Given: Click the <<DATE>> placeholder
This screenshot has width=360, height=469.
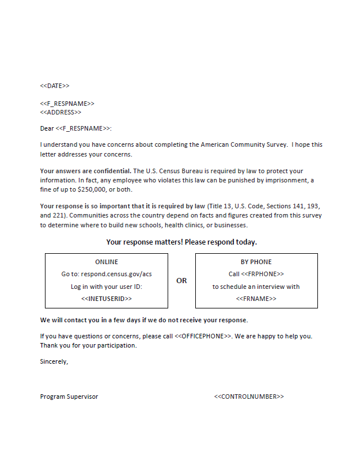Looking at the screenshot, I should pos(55,86).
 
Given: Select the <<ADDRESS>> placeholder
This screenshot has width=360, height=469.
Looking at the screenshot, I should pos(60,112).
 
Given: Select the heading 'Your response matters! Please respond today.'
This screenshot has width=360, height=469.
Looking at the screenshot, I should pos(181,242).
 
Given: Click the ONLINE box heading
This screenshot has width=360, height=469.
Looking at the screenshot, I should pos(107,262).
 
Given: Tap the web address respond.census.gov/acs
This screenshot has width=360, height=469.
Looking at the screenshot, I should pos(116,274).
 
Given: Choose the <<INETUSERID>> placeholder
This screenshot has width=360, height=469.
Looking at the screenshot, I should pos(107,299).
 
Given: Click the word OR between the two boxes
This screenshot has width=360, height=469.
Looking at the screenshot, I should pos(181,281).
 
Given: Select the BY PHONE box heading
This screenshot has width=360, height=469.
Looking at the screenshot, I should pos(256,262).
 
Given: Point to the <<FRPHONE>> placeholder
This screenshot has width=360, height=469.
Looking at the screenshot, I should pos(263,274).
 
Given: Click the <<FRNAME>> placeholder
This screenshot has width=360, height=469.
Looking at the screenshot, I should pos(256,299).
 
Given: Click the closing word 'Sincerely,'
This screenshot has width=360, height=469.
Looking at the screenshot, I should pos(54,361).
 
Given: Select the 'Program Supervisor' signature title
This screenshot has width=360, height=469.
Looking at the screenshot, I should pos(69,396).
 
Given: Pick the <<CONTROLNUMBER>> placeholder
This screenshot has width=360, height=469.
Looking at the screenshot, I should pos(249,396).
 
